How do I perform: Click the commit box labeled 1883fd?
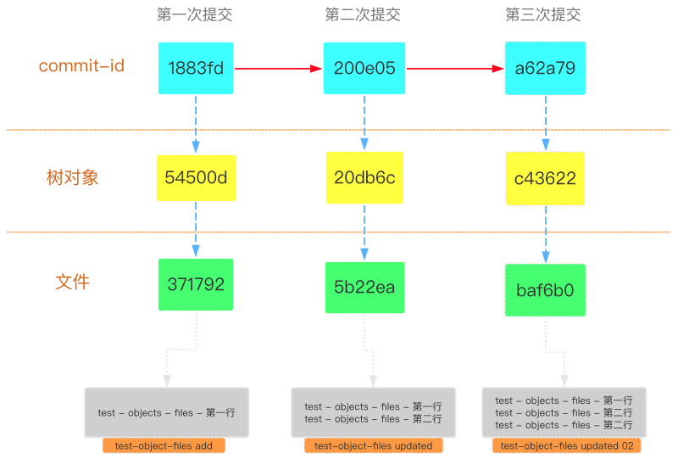(x=196, y=68)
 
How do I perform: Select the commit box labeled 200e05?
(x=364, y=68)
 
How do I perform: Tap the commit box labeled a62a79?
(x=545, y=68)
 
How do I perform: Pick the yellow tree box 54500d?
(x=196, y=178)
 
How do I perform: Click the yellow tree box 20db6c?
(x=364, y=178)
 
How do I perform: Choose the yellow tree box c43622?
(x=545, y=179)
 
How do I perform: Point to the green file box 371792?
(x=196, y=284)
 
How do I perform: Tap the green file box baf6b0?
(x=545, y=290)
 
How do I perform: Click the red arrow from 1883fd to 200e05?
(x=278, y=68)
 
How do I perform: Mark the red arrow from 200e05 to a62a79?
(x=449, y=68)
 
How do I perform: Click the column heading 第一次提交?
(x=195, y=14)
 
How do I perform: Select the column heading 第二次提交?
(x=363, y=14)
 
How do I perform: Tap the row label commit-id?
(x=81, y=65)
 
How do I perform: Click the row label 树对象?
(x=73, y=177)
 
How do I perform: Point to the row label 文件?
(x=72, y=282)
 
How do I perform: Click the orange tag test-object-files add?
(x=164, y=445)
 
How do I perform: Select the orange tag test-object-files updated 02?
(x=567, y=445)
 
